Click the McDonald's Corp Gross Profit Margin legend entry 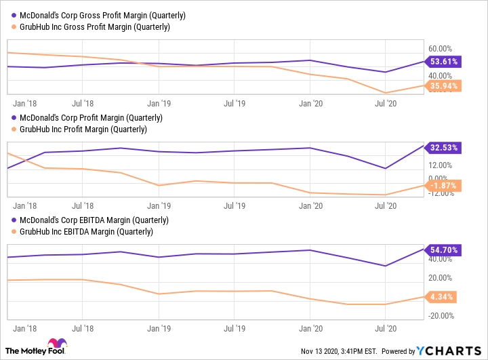pos(98,15)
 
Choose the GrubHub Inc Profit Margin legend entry pos(80,129)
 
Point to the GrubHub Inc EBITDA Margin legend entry pos(82,232)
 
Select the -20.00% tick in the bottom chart pos(440,315)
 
